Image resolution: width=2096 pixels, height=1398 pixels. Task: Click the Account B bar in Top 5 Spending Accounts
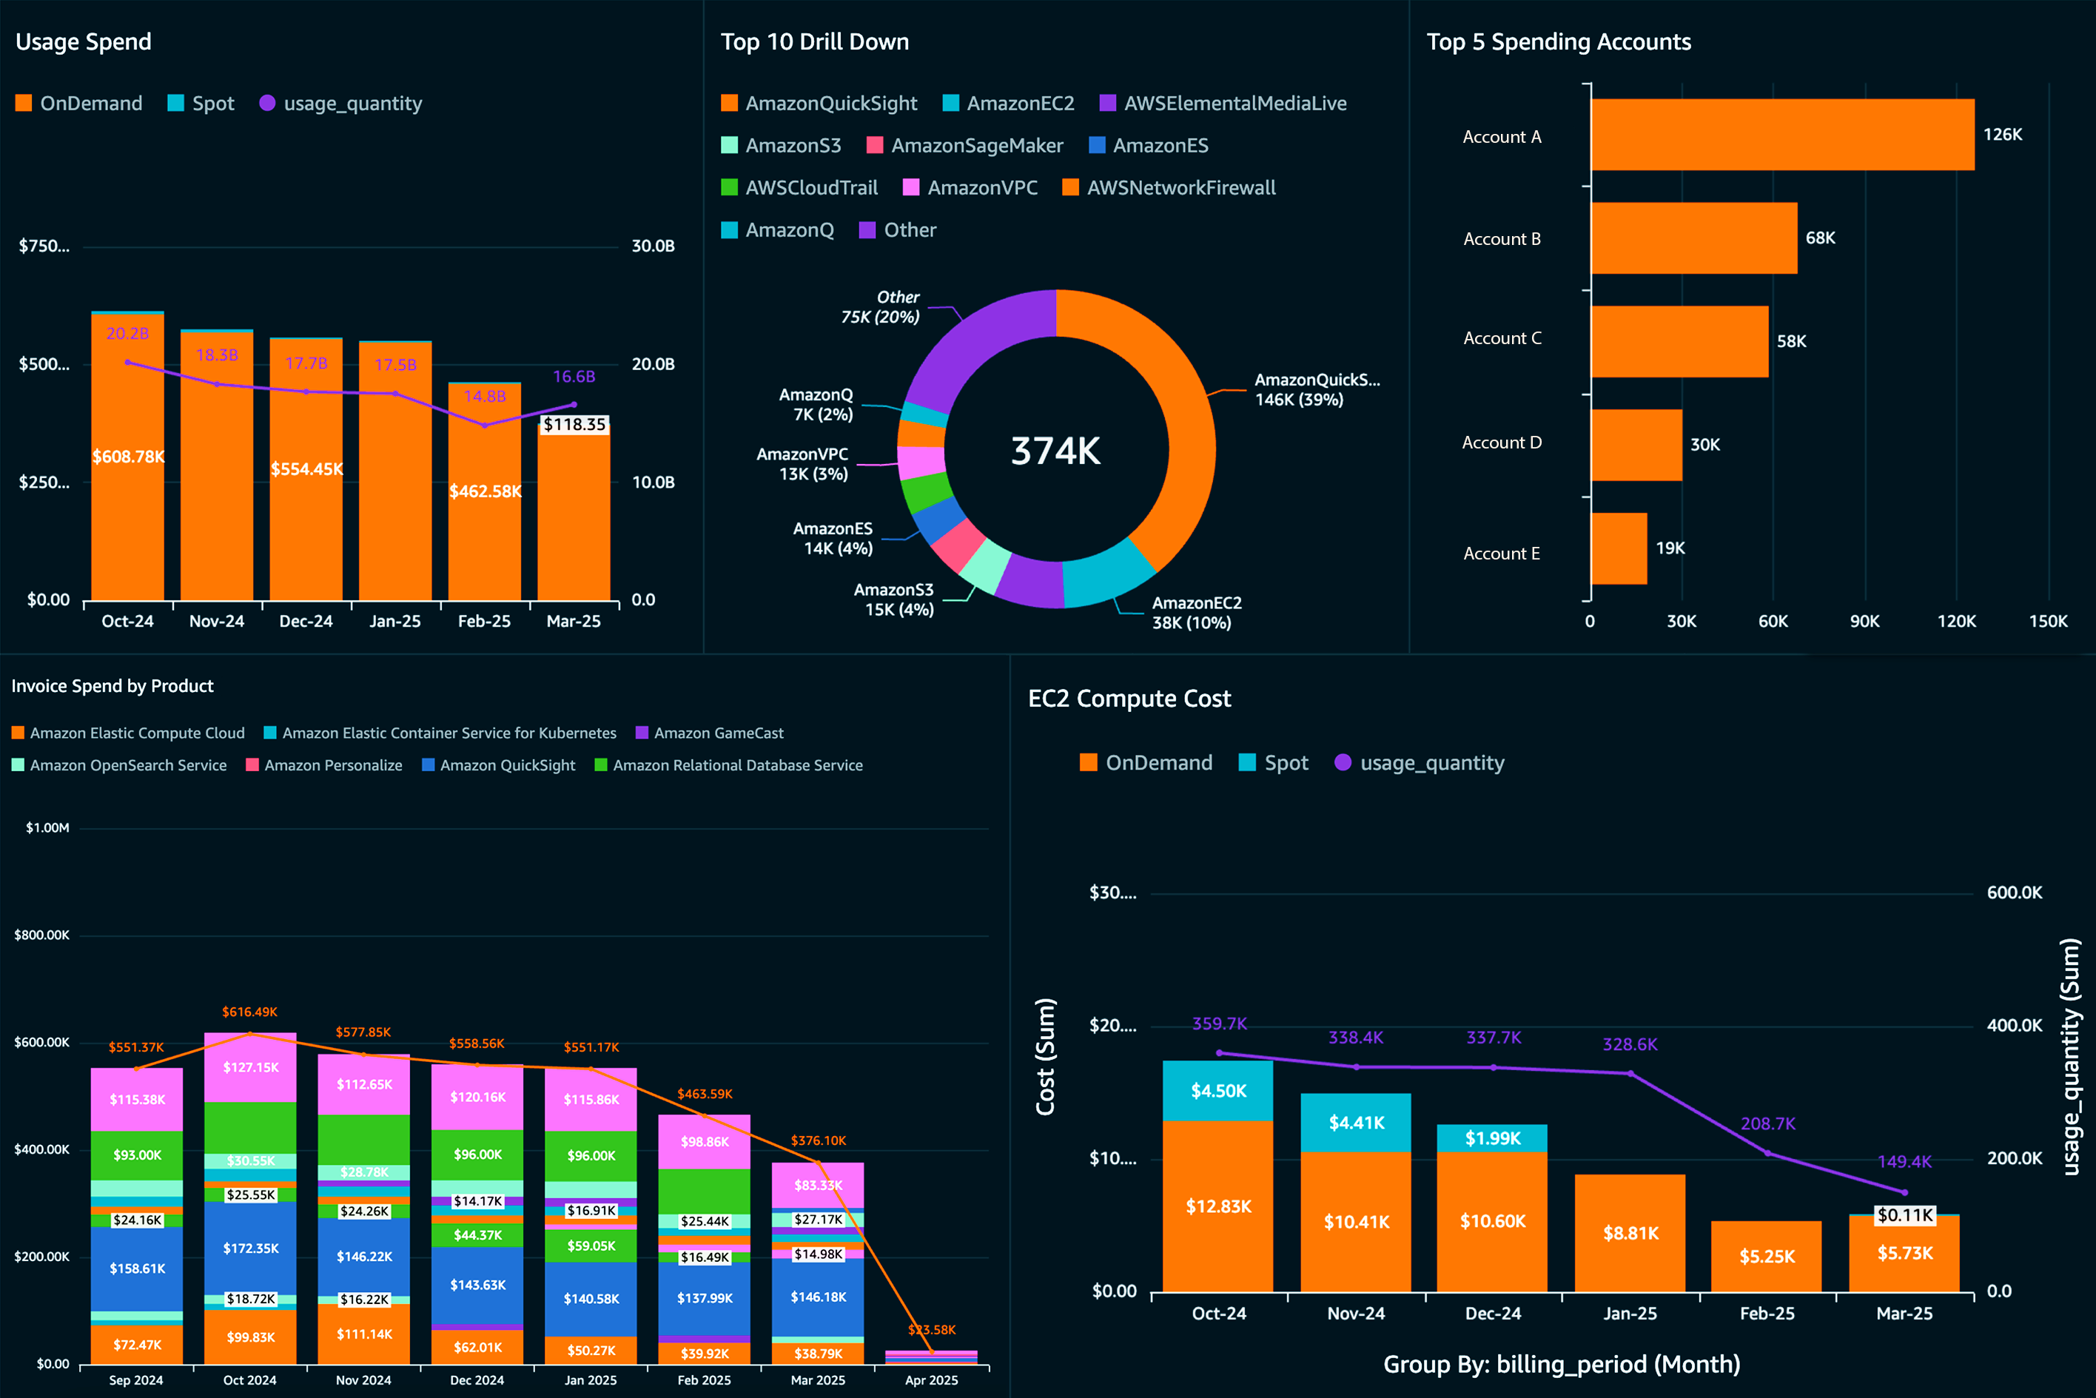(x=1693, y=238)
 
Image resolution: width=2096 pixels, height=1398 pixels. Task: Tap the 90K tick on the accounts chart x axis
(x=1864, y=622)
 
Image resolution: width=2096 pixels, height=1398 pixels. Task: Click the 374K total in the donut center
(x=1055, y=451)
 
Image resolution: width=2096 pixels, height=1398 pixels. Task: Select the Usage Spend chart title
(x=84, y=42)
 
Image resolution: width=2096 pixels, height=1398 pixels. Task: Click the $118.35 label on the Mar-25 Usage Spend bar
(x=574, y=424)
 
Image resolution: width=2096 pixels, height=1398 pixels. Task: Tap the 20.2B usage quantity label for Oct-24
(x=127, y=334)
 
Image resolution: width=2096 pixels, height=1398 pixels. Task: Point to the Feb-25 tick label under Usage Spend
(x=484, y=622)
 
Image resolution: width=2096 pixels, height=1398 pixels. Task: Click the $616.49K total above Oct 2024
(x=249, y=1012)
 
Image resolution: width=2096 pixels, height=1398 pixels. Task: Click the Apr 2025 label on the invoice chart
(x=931, y=1380)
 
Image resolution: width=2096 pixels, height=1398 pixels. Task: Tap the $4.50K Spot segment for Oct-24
(x=1217, y=1090)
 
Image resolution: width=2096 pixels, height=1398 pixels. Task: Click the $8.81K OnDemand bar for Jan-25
(x=1630, y=1233)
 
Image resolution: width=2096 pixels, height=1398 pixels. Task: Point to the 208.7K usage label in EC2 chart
(x=1767, y=1123)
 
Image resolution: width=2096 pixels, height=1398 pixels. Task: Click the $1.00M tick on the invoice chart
(x=47, y=828)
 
